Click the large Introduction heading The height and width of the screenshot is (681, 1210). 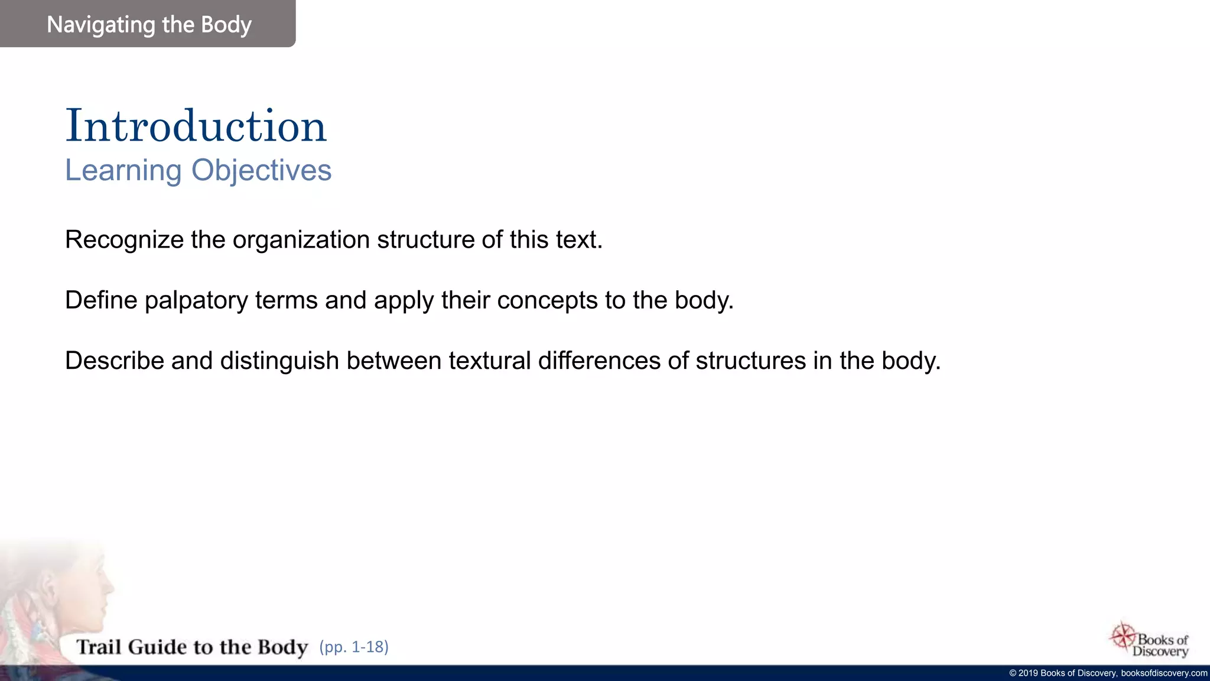point(196,126)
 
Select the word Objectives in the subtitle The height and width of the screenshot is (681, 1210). point(261,170)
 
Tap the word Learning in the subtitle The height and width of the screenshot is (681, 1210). point(123,170)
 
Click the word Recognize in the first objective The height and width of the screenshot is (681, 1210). point(124,240)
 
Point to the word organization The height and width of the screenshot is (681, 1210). point(301,240)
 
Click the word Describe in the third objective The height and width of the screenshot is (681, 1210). point(114,361)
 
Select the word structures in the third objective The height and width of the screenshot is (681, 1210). point(750,361)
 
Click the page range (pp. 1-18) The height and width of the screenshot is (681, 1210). point(354,647)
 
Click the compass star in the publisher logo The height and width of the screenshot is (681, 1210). point(1123,636)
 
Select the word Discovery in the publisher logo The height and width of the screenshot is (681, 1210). point(1160,651)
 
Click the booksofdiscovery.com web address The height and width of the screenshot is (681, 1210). point(1164,673)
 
